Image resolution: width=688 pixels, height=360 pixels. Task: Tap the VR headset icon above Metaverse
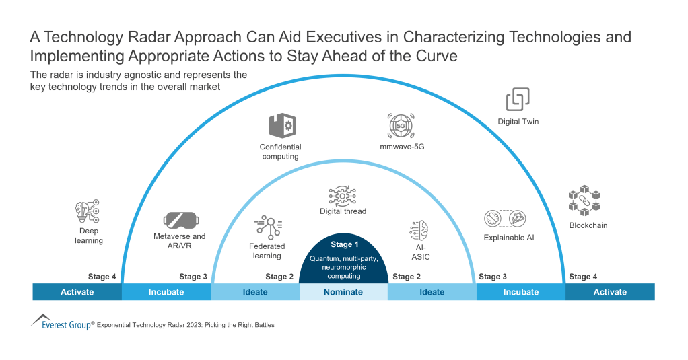click(x=180, y=219)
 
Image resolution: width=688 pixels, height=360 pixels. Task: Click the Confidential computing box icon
click(x=281, y=126)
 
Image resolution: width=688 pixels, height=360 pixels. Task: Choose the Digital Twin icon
click(x=518, y=100)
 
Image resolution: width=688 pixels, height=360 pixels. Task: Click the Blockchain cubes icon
click(x=584, y=201)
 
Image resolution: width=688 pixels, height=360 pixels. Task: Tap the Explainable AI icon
click(x=504, y=219)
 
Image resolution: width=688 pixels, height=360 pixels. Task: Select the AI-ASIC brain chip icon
click(x=419, y=230)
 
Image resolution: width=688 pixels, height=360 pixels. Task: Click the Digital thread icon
click(x=343, y=195)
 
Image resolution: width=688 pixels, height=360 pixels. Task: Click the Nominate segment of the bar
click(x=343, y=292)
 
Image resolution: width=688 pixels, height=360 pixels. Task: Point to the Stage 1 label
click(x=345, y=244)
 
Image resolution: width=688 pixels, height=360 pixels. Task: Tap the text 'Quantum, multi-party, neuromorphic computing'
click(x=343, y=266)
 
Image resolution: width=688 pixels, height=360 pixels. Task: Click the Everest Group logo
click(x=61, y=322)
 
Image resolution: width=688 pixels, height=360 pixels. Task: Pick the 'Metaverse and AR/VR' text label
click(x=180, y=241)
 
